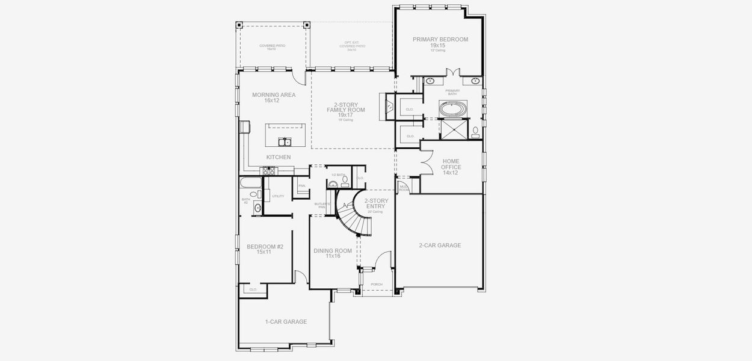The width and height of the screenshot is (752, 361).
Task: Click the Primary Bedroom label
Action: [440, 42]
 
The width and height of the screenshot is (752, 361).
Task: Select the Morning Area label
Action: [265, 97]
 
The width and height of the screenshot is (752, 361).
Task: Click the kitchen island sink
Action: [285, 142]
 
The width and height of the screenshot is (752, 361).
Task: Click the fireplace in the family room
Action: [389, 107]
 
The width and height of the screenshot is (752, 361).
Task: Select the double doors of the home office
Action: [426, 161]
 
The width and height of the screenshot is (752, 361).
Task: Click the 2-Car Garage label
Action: [440, 245]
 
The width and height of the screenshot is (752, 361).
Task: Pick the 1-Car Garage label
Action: [286, 322]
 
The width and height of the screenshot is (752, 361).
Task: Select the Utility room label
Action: [278, 196]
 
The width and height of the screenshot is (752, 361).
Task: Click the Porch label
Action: [377, 284]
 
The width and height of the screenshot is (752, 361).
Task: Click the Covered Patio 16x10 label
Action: [272, 47]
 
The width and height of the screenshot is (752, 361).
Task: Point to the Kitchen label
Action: [279, 158]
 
